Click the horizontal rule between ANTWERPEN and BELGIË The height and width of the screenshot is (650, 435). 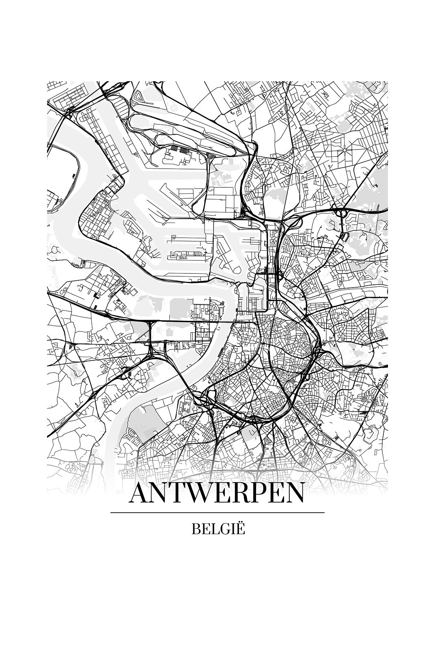point(217,513)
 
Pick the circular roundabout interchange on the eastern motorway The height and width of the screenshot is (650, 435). point(340,212)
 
